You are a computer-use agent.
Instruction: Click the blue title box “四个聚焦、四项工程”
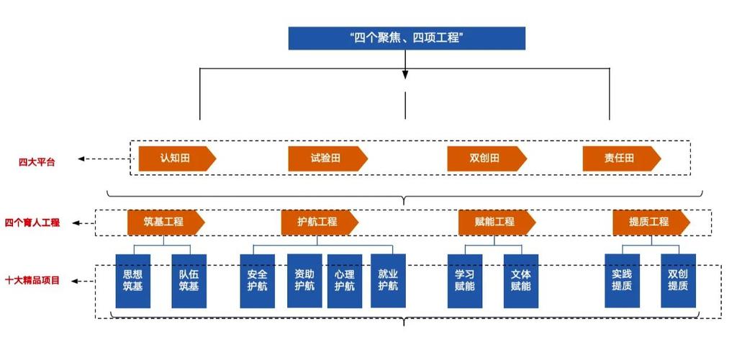click(x=407, y=38)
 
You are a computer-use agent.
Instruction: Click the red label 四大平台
click(x=37, y=161)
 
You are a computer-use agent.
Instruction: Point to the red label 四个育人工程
click(x=32, y=223)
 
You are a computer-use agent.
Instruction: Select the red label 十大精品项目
click(x=32, y=280)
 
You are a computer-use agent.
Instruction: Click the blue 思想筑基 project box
click(x=133, y=281)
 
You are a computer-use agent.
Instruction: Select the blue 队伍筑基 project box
click(x=189, y=281)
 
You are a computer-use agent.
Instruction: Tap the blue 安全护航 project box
click(x=258, y=281)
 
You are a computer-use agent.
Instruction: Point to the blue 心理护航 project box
click(x=345, y=280)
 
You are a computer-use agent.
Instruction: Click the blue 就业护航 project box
click(x=389, y=280)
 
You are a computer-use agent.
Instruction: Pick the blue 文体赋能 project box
click(x=521, y=281)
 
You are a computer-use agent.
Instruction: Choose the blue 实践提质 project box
click(x=623, y=281)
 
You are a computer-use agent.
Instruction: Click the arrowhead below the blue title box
click(x=405, y=73)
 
